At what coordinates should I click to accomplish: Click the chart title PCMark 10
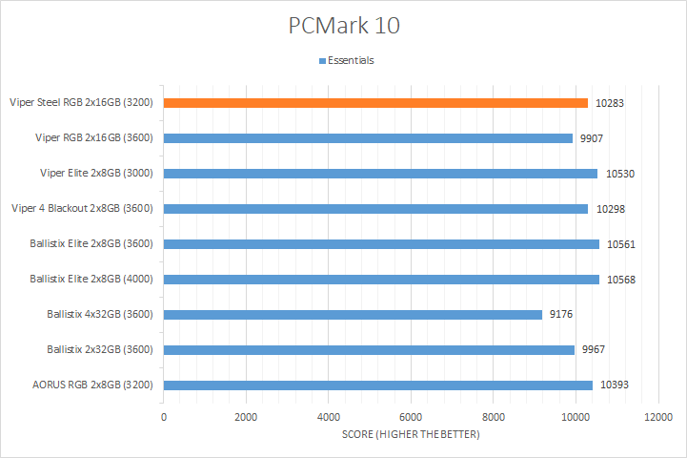coord(344,26)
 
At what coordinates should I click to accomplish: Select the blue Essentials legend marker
coord(321,60)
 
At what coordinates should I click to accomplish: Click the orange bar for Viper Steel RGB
coord(375,102)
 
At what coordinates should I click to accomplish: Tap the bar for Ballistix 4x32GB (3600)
coord(353,314)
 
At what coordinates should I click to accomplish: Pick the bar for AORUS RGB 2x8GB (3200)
coord(377,385)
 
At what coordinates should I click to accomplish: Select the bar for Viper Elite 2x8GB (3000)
coord(380,173)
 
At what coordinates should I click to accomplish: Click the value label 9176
coord(563,315)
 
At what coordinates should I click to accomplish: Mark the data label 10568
coord(620,280)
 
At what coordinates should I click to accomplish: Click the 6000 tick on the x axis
coord(411,418)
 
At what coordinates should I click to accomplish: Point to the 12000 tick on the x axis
coord(657,418)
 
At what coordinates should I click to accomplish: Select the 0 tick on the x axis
coord(164,418)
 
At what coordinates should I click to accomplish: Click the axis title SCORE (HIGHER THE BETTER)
coord(412,435)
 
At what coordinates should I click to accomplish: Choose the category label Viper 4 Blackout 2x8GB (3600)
coord(81,208)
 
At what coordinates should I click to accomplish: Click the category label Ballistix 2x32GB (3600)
coord(100,349)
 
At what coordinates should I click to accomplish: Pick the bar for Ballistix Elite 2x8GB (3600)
coord(381,243)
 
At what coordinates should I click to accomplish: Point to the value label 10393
coord(616,385)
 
